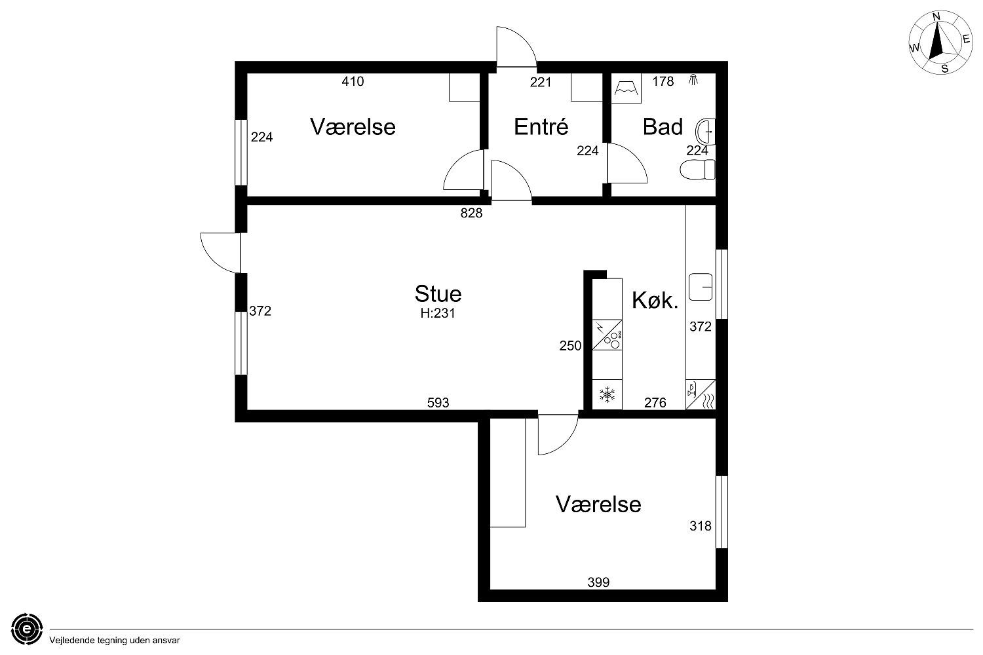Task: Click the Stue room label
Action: coord(438,293)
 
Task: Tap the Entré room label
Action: coord(541,126)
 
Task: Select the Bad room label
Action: coord(663,127)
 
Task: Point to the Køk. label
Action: coord(655,300)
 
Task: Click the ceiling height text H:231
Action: coord(438,313)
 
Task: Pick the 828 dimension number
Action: coord(471,214)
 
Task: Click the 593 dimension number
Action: coord(438,402)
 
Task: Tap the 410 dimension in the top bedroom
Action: coord(353,81)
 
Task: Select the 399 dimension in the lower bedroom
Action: coord(598,582)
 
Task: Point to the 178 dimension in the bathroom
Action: coord(663,81)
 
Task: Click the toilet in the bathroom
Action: coord(697,170)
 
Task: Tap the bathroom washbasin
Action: coord(705,131)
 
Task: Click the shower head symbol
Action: coord(693,80)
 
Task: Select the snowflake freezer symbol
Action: coord(607,395)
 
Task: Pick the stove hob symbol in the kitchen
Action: coord(607,335)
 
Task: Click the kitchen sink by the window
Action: coord(701,287)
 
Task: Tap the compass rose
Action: coord(940,43)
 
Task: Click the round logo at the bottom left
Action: coord(28,629)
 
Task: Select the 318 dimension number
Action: coord(701,525)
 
